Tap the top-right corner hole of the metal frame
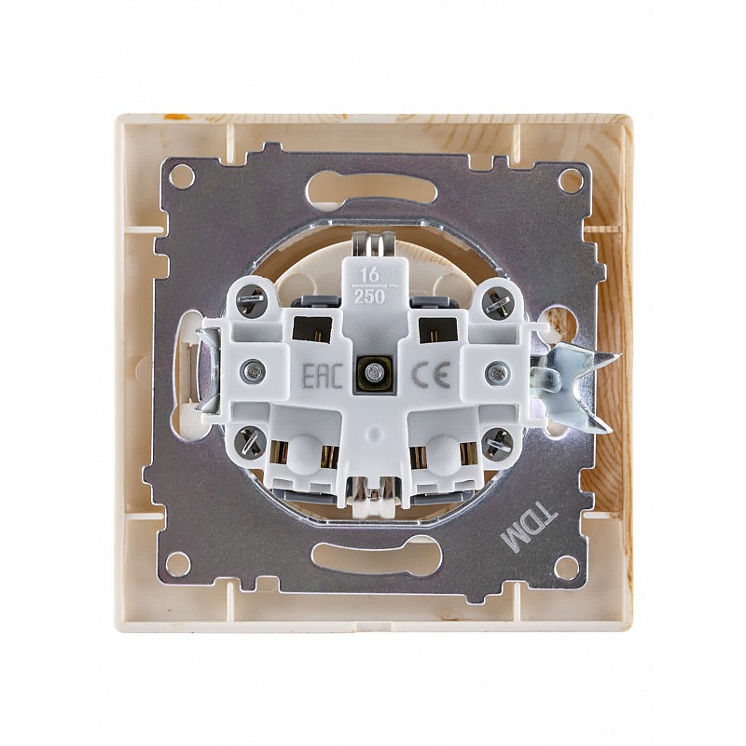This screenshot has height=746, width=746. pyautogui.click(x=568, y=180)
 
